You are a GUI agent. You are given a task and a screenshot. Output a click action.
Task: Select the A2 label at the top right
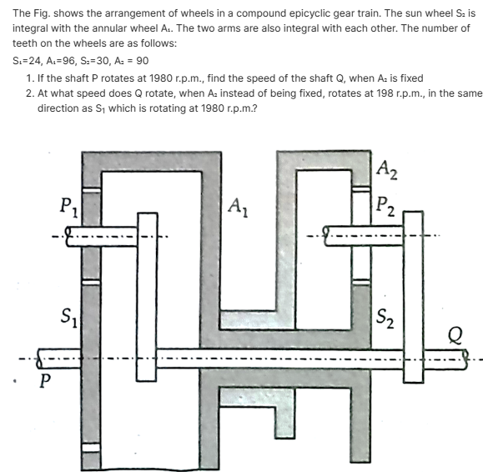[x=388, y=170]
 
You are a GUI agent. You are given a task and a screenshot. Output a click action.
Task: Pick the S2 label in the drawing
[x=386, y=317]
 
